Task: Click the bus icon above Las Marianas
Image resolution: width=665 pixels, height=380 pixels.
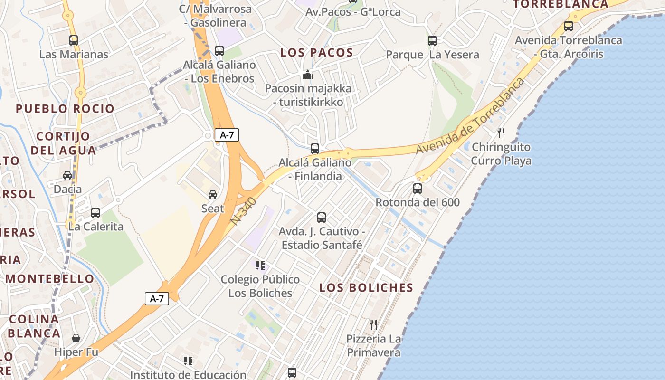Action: click(x=74, y=40)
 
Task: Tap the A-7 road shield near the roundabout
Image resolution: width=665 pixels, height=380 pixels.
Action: click(x=227, y=135)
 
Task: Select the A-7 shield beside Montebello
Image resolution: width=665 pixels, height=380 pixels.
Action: click(x=157, y=299)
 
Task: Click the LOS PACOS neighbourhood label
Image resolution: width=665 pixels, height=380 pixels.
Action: click(x=317, y=53)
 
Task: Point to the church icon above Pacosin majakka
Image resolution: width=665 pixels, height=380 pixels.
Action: click(x=308, y=75)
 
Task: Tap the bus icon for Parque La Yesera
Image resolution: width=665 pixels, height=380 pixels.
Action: click(x=432, y=41)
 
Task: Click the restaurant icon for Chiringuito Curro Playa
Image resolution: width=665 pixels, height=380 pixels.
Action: click(x=501, y=133)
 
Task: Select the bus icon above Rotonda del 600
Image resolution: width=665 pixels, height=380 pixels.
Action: click(x=418, y=189)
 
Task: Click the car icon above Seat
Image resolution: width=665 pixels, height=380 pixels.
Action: click(x=213, y=194)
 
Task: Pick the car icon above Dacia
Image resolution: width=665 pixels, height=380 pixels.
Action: click(x=67, y=175)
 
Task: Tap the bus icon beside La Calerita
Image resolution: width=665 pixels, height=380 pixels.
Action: click(x=95, y=212)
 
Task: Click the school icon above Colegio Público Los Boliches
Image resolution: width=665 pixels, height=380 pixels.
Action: click(x=260, y=265)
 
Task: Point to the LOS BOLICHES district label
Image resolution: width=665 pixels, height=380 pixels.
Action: click(x=366, y=287)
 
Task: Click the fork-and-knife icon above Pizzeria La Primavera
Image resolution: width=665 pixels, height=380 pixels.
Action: click(x=373, y=325)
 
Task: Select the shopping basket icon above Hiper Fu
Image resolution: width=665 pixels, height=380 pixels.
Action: click(x=76, y=338)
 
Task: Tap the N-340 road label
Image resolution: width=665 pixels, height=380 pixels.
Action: click(x=245, y=211)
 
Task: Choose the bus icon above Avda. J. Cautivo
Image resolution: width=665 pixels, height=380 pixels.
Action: click(x=322, y=218)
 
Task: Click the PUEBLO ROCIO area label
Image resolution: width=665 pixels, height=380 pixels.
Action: click(x=65, y=109)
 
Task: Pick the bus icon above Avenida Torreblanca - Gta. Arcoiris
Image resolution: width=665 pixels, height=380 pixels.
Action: click(x=569, y=26)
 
